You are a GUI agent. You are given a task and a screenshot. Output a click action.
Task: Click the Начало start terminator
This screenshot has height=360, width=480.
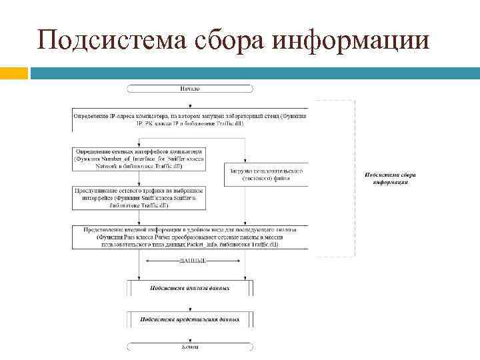(x=189, y=89)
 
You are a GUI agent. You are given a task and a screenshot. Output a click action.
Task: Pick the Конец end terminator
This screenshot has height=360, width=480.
(x=189, y=347)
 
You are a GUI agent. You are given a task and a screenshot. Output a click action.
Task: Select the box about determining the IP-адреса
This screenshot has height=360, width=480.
(x=189, y=119)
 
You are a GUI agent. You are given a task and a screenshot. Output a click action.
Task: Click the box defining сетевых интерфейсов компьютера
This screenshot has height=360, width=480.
(x=139, y=161)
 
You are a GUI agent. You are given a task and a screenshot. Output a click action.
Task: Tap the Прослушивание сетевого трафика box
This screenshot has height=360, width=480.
(x=139, y=197)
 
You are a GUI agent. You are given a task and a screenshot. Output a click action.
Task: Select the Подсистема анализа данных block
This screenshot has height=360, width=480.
(x=189, y=289)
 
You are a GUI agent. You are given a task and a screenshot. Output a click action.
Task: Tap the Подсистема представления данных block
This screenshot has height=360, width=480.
(x=189, y=319)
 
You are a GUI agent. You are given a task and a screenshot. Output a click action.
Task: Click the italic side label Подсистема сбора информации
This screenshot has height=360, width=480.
(x=386, y=178)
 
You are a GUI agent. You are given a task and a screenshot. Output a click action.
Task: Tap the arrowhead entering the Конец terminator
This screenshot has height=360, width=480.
(x=189, y=340)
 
